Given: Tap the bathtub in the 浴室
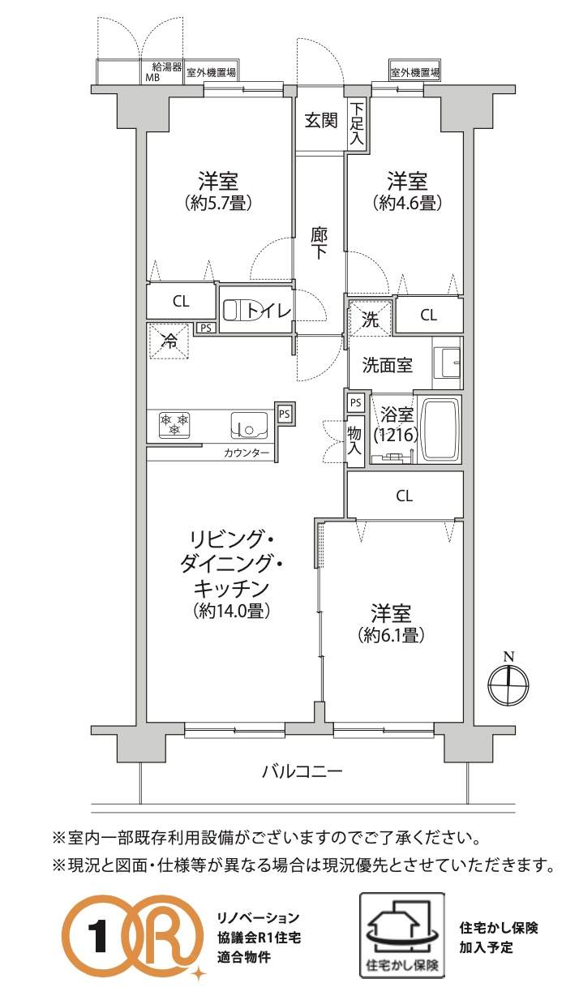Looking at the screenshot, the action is (x=440, y=430).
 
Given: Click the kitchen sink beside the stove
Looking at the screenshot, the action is (x=249, y=426).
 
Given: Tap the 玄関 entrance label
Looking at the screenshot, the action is (x=321, y=121).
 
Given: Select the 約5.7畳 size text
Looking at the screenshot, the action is (x=218, y=204).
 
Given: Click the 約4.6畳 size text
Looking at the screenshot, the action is (x=407, y=204).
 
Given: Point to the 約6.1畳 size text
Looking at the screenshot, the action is (x=391, y=635).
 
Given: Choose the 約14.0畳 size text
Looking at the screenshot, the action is (x=231, y=611).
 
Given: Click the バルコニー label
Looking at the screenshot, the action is (x=302, y=771).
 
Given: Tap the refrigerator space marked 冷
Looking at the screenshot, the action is (x=169, y=341).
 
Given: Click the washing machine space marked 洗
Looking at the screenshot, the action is (x=370, y=319).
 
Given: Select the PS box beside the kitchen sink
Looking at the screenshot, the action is (x=284, y=414).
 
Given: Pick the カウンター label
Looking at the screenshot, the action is (x=247, y=453).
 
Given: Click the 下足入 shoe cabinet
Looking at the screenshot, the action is (x=357, y=125).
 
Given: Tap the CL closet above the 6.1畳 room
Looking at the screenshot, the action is (x=405, y=495).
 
